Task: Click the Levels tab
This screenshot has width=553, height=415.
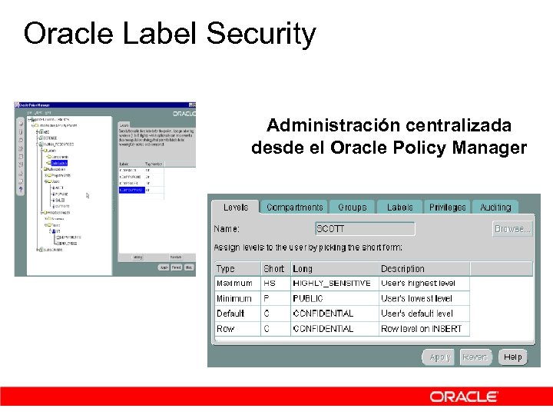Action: [235, 207]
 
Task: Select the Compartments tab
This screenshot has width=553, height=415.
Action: [294, 207]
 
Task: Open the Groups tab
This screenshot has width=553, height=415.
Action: [352, 207]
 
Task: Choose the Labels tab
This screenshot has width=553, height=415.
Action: [399, 207]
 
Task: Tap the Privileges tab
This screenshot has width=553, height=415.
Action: [447, 207]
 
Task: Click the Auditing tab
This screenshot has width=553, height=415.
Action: [495, 207]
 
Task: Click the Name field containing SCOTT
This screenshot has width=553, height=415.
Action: [365, 229]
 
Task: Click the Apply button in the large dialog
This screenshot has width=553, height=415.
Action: [439, 357]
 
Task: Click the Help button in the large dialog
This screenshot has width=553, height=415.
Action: [513, 357]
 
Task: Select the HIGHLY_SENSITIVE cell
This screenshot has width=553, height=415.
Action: [332, 284]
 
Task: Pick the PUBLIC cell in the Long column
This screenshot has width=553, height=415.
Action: [308, 298]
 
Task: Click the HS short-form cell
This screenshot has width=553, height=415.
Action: [270, 284]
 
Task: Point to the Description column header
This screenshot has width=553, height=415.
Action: [402, 269]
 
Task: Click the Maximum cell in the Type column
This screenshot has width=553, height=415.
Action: [234, 284]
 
